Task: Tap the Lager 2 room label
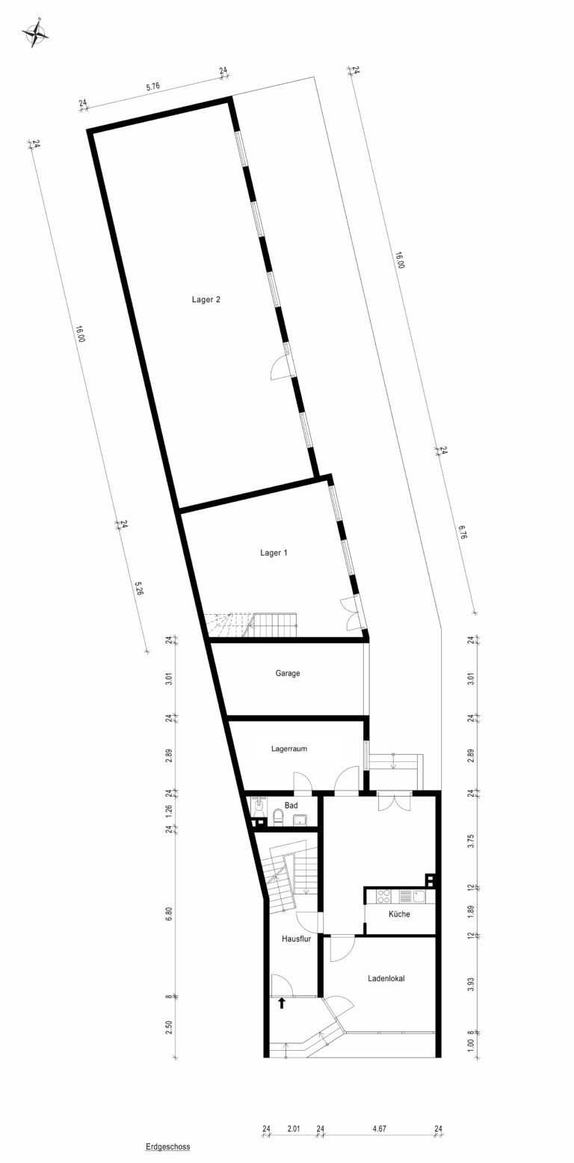click(x=206, y=300)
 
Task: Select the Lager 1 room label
click(x=274, y=553)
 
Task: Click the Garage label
click(x=288, y=673)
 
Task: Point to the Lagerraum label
click(x=289, y=749)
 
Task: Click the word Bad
click(x=291, y=805)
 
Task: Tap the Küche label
click(x=399, y=914)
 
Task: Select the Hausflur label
click(x=296, y=939)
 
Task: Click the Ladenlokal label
click(x=386, y=978)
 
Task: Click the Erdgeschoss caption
click(x=167, y=1147)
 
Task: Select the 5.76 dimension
click(x=152, y=87)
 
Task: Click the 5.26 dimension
click(x=139, y=589)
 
